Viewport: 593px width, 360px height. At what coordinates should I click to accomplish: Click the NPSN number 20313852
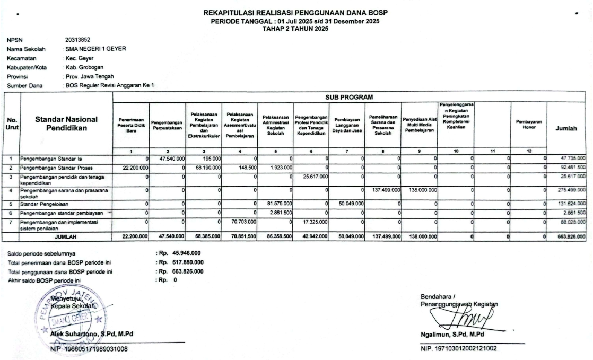click(77, 39)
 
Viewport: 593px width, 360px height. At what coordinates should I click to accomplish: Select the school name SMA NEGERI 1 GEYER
click(95, 49)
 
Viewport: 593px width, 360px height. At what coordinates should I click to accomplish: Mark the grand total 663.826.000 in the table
click(569, 236)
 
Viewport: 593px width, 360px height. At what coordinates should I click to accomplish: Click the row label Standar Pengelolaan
click(45, 203)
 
